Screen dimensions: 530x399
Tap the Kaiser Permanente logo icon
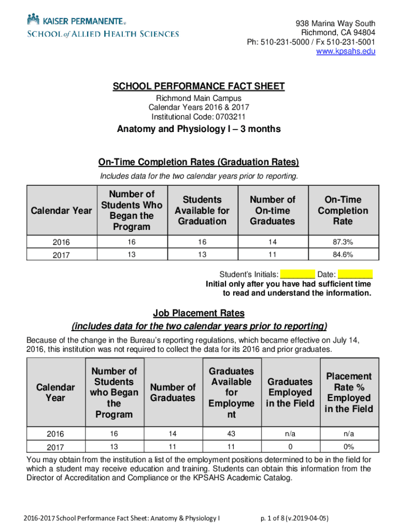pyautogui.click(x=34, y=20)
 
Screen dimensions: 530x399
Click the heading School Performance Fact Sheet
pyautogui.click(x=199, y=86)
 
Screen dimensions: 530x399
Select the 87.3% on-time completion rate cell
pyautogui.click(x=343, y=242)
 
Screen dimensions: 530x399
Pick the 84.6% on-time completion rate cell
pyautogui.click(x=343, y=254)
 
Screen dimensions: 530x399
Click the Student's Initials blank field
pyautogui.click(x=298, y=274)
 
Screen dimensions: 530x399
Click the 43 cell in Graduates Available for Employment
pyautogui.click(x=231, y=434)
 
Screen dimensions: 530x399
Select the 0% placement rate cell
pyautogui.click(x=348, y=446)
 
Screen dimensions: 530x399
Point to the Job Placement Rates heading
pyautogui.click(x=199, y=313)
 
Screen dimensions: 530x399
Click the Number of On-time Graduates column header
pyautogui.click(x=272, y=211)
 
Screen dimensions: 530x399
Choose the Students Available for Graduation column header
pyautogui.click(x=202, y=211)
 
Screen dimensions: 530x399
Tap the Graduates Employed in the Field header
pyautogui.click(x=290, y=393)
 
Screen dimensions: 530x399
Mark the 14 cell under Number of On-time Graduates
pyautogui.click(x=272, y=242)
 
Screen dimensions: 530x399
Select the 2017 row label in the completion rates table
pyautogui.click(x=62, y=255)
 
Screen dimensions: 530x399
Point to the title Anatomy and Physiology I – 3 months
pyautogui.click(x=199, y=129)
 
